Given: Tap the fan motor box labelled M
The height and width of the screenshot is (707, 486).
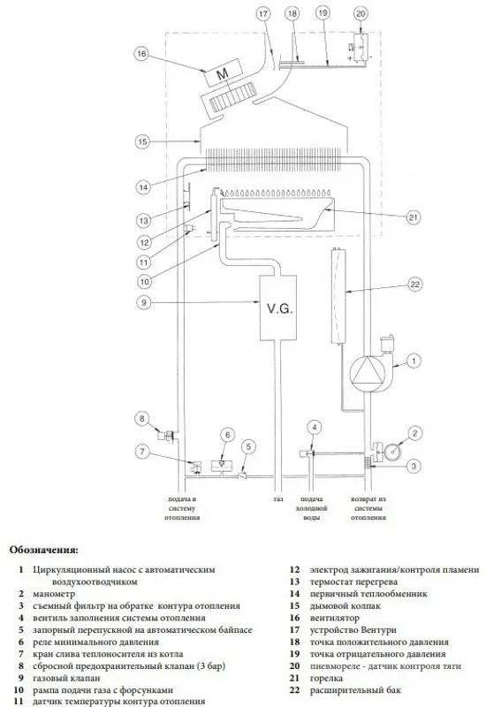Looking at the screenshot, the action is [223, 73].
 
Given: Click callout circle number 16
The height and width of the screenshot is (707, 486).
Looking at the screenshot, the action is [141, 54].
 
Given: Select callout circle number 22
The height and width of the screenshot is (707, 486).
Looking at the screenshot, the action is [414, 284].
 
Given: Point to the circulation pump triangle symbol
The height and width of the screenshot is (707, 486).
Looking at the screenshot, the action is [366, 374].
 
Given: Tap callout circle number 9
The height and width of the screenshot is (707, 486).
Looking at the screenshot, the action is [144, 301].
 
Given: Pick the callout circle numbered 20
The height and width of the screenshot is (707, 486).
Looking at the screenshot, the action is [361, 13].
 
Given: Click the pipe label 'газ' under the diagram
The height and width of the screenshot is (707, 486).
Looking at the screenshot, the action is [278, 499].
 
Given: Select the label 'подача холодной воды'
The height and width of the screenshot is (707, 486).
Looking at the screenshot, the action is [312, 509].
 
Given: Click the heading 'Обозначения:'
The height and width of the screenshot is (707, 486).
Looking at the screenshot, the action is [43, 550].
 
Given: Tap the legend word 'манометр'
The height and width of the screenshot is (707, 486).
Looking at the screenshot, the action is [54, 594].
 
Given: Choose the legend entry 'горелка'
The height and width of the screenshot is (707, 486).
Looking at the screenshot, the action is [326, 678].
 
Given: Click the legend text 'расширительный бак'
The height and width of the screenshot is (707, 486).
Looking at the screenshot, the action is [355, 690].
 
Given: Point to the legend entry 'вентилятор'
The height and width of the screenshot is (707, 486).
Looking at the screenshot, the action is [335, 618].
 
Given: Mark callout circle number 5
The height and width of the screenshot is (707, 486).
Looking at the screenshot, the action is [248, 447].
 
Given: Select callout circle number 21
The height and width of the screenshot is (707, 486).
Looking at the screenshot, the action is [414, 217].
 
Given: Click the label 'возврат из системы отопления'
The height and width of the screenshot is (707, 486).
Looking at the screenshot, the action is [368, 509].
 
